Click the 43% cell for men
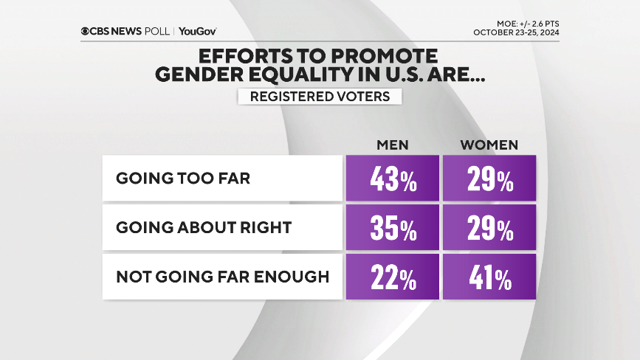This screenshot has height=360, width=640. (392, 179)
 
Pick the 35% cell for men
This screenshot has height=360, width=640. (392, 228)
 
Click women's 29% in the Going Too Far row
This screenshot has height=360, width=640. (489, 179)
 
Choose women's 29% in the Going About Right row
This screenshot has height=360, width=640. (489, 228)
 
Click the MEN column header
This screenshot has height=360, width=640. (392, 144)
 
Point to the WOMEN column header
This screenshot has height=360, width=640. (489, 144)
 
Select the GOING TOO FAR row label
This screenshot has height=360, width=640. (183, 179)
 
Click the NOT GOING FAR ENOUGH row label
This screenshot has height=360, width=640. (221, 277)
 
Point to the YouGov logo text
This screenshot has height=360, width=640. (197, 31)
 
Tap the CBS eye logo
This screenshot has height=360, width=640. (86, 31)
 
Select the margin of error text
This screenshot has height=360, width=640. (528, 23)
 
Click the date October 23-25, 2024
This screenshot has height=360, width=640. (516, 32)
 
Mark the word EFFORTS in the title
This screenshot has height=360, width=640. (235, 55)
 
